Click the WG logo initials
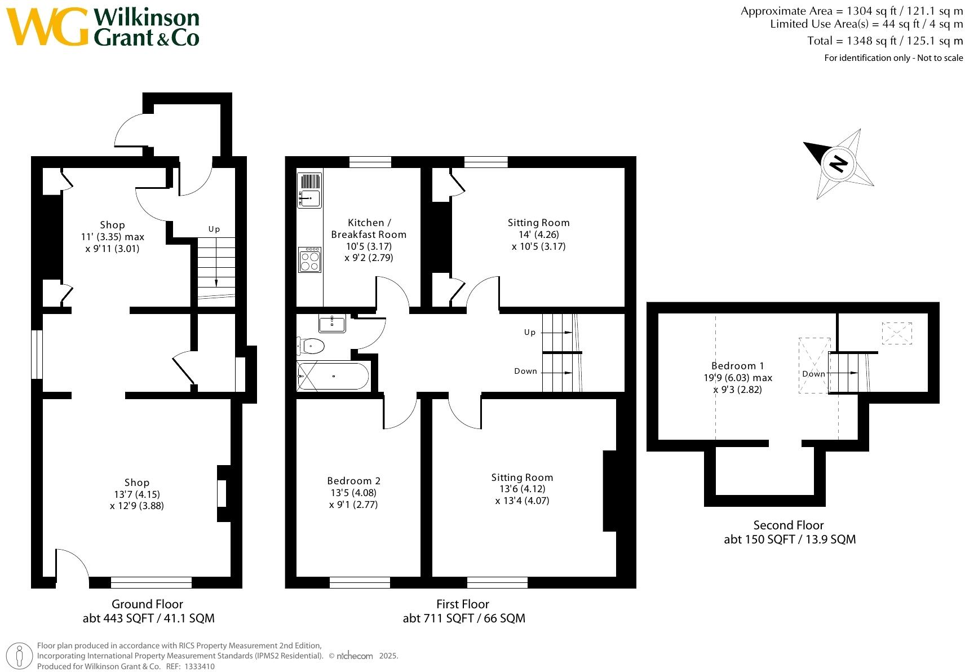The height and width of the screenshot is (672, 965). coord(47,27)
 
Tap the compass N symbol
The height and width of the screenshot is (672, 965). coord(838,163)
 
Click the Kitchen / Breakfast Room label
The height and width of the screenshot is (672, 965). coord(368,228)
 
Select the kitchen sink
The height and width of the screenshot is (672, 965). coord(309,198)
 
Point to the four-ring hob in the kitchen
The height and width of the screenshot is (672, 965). coord(309,260)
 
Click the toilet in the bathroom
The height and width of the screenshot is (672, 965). coord(311,346)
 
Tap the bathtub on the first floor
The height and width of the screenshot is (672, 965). coord(333,376)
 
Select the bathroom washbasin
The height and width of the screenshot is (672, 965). coord(333,324)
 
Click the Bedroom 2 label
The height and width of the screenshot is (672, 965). coord(353,481)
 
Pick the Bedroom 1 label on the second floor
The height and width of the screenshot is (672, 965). coord(738,366)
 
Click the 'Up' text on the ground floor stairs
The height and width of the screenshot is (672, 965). coord(214,229)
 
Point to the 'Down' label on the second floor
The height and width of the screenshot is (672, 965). coord(813,374)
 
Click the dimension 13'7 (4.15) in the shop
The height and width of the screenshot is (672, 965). coord(136,494)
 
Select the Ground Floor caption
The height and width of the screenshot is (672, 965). coord(147,604)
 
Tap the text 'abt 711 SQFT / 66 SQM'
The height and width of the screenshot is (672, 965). coord(463,618)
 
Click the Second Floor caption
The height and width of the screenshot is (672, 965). coord(789,525)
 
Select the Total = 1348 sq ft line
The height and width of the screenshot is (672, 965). coord(884,41)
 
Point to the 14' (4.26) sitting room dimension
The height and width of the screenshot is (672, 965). coord(538,235)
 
